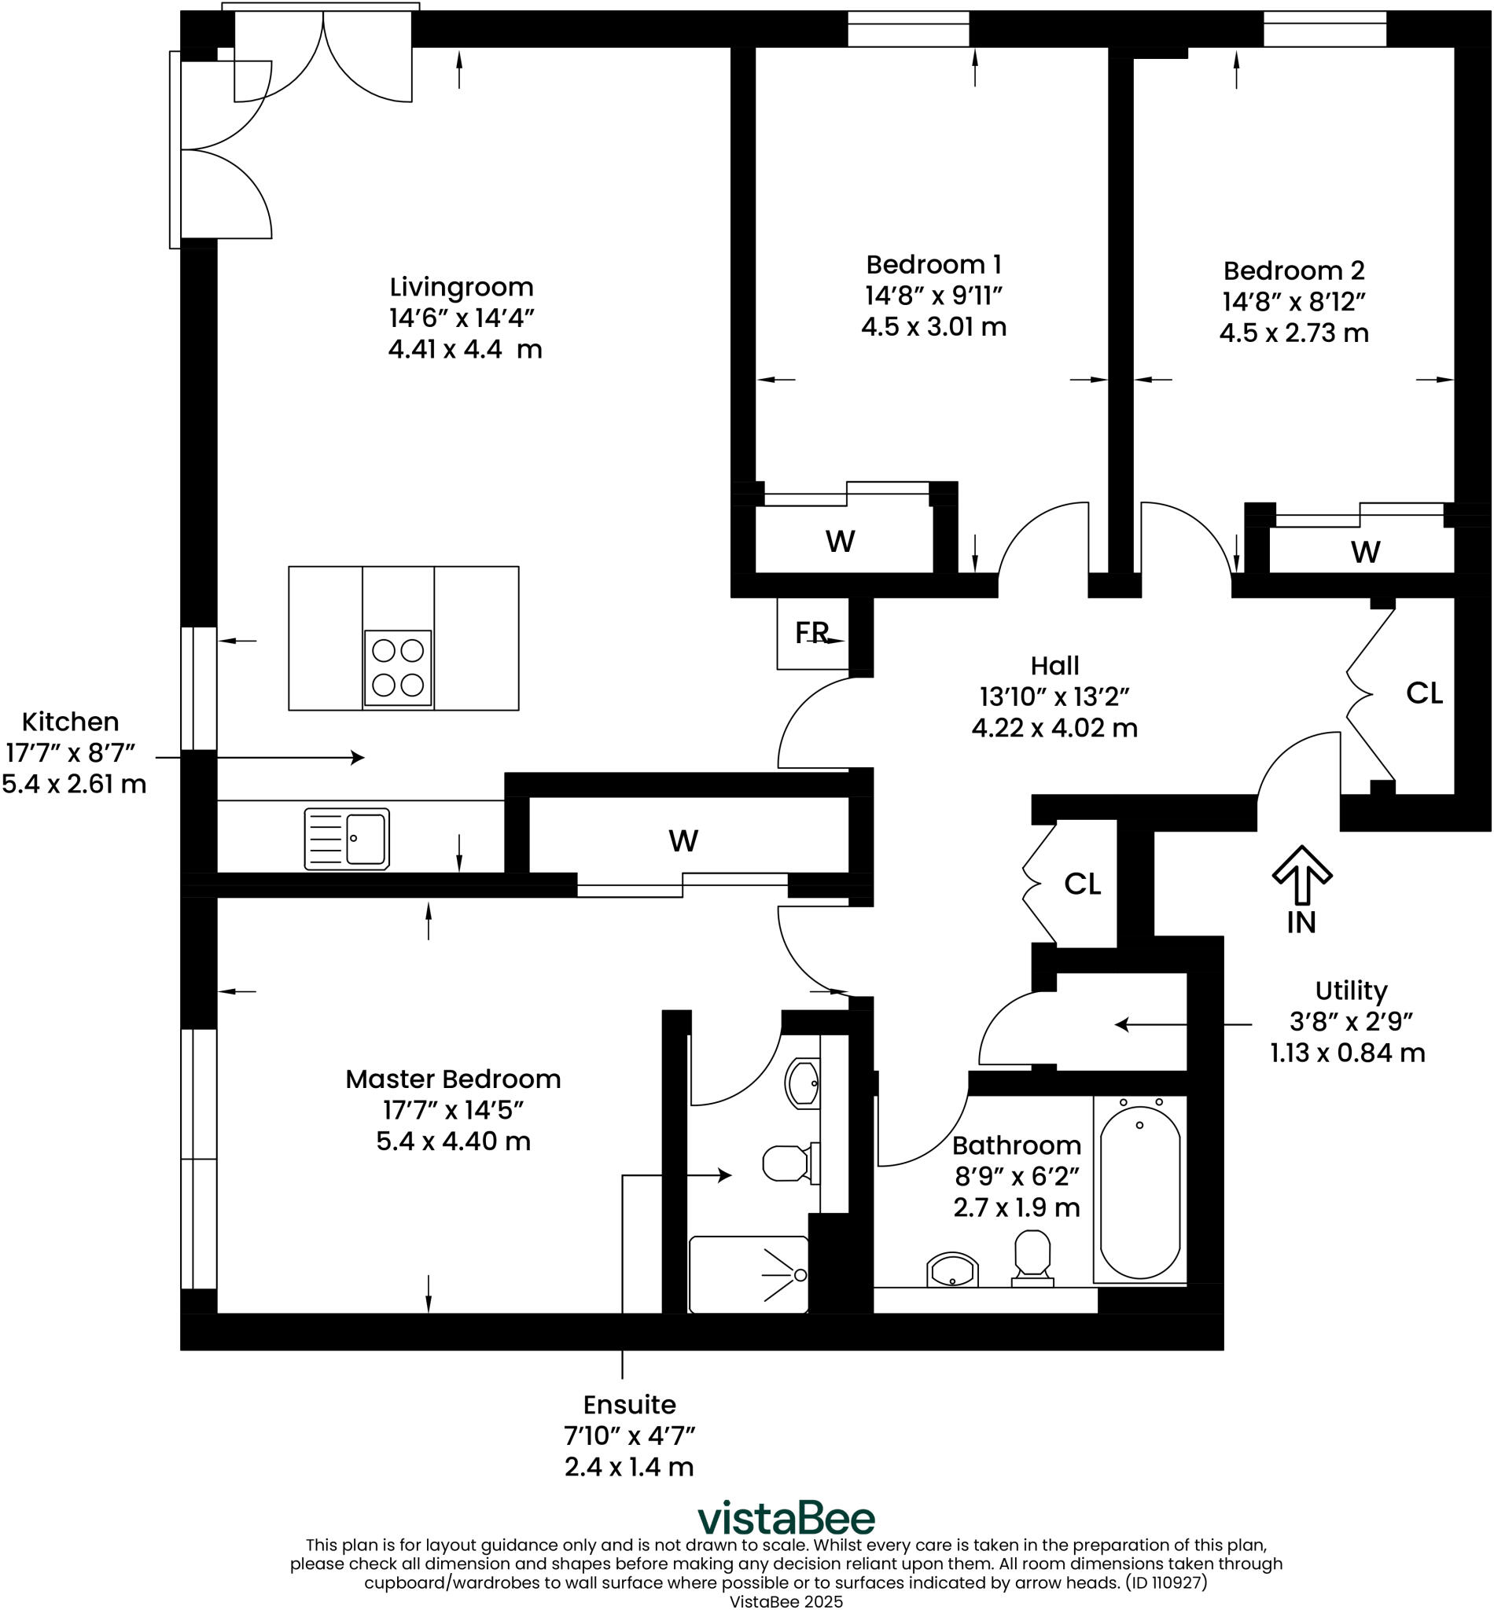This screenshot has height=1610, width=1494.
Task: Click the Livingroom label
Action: [461, 287]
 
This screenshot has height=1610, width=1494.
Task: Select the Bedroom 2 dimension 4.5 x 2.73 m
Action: [1293, 333]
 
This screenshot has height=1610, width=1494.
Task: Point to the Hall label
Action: [1054, 665]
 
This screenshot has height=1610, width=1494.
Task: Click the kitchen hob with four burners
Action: [398, 667]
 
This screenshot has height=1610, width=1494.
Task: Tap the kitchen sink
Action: [347, 839]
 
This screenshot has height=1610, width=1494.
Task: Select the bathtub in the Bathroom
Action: [1140, 1191]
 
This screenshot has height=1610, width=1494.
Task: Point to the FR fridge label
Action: [811, 633]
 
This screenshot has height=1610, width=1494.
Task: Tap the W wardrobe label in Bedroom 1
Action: [840, 541]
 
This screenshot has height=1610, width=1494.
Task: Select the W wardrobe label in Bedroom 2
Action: [1366, 552]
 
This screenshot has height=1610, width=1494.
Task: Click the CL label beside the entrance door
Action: [1425, 693]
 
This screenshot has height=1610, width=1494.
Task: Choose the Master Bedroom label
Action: [453, 1079]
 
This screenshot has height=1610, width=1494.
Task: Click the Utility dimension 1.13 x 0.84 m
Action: [1347, 1053]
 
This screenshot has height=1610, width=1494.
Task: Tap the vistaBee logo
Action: [786, 1518]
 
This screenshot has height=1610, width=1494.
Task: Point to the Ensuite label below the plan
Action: [629, 1405]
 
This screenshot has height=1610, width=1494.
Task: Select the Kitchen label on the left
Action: [70, 722]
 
